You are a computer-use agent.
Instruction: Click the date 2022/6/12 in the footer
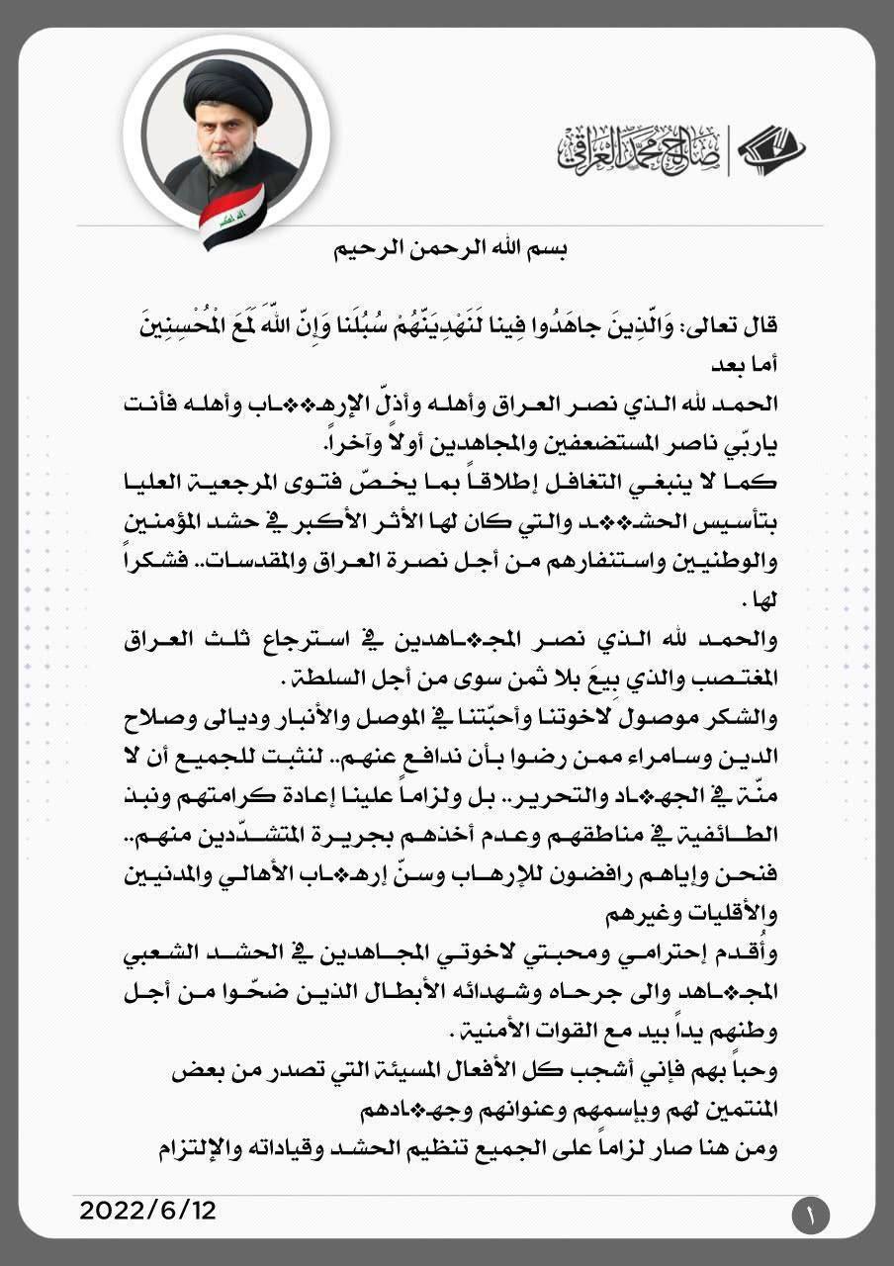coord(147,1209)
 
